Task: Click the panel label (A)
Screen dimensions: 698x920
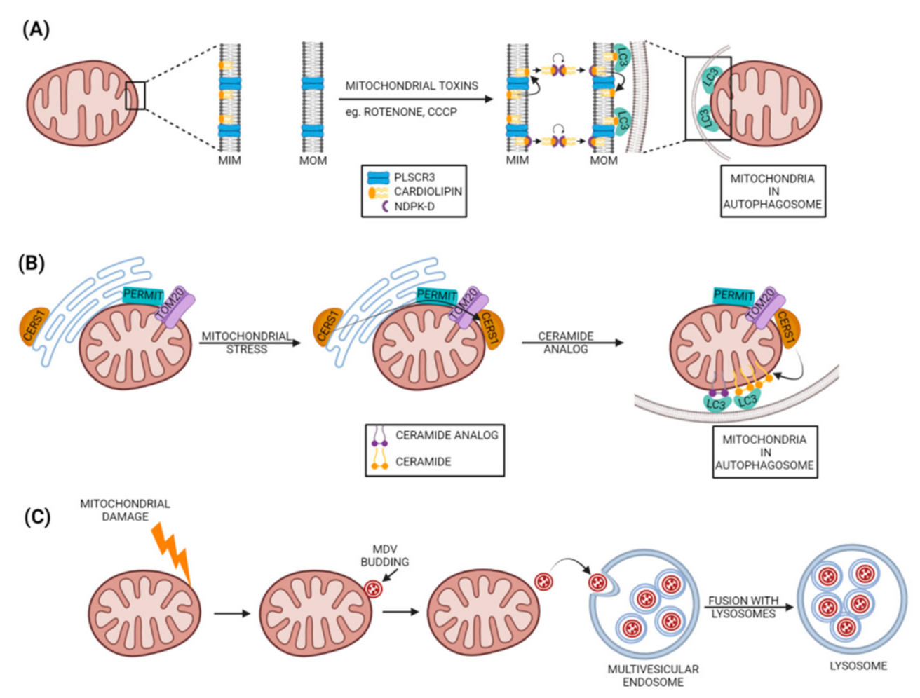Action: [36, 29]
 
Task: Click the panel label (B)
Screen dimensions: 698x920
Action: [32, 264]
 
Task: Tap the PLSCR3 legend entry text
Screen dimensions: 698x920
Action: [414, 177]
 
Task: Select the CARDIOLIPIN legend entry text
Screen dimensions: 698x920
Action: [428, 191]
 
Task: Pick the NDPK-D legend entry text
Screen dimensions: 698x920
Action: [414, 206]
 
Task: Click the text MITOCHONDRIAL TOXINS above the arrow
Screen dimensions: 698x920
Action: [412, 85]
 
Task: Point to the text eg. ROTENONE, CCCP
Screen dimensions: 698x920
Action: [400, 112]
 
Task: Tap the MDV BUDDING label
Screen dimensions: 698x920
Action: [384, 556]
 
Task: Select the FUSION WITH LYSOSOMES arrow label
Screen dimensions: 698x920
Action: [743, 607]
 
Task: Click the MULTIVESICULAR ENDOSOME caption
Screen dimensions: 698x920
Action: [653, 676]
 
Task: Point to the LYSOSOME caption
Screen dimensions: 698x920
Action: [858, 666]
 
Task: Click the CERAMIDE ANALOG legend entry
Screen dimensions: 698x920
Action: [447, 435]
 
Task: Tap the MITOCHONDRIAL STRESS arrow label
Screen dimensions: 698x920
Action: [246, 343]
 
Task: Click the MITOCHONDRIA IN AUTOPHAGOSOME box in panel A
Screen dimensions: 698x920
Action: [772, 191]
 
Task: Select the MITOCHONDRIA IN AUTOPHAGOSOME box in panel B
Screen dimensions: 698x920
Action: [764, 452]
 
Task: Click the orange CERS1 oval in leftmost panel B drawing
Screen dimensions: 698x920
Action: [34, 326]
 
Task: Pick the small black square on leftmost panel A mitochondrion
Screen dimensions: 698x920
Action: [135, 95]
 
